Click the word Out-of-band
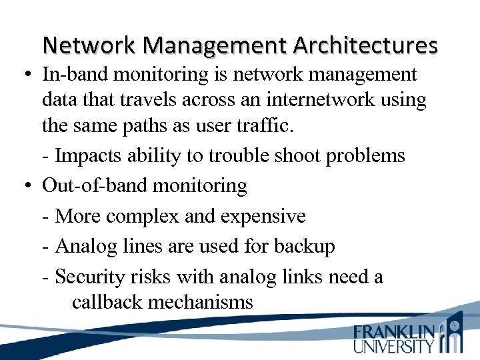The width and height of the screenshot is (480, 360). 95,185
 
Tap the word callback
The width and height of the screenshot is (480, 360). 107,302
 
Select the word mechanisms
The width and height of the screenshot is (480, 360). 201,302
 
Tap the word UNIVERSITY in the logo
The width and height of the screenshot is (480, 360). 394,346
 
